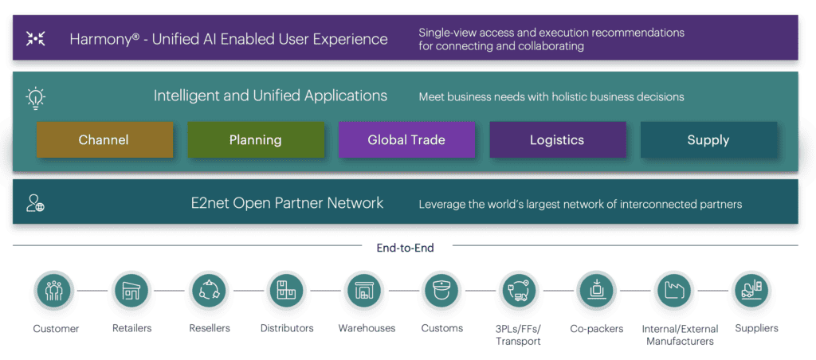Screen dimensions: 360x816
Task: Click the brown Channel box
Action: tap(104, 140)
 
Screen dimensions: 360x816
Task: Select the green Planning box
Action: tap(256, 140)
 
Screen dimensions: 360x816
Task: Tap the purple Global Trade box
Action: tap(406, 140)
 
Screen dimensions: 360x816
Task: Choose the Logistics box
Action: tap(557, 140)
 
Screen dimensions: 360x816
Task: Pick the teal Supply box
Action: tap(708, 140)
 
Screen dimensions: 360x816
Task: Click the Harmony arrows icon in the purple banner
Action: tap(35, 38)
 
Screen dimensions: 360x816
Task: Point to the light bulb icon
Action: tap(35, 97)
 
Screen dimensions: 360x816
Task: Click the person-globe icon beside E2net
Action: tap(35, 203)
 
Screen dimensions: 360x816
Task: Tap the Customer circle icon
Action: tap(55, 292)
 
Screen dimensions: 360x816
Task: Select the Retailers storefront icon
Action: tap(131, 292)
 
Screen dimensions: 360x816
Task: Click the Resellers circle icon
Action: tap(210, 292)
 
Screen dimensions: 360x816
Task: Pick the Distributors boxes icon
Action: tap(287, 292)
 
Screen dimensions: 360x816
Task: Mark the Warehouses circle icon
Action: tap(365, 292)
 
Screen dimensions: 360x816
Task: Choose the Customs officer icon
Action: tap(441, 292)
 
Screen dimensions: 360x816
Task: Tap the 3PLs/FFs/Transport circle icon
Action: tap(519, 292)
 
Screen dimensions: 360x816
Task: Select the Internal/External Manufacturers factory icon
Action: tap(675, 292)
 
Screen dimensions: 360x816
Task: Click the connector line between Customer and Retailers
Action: tap(93, 292)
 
